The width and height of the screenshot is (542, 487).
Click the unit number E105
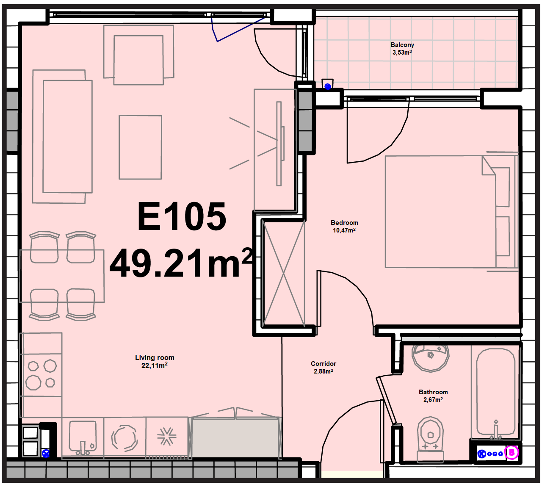point(182,216)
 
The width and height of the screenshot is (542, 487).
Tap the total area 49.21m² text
point(181,263)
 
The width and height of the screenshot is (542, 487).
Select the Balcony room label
point(402,45)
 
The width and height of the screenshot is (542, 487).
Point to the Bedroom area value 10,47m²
point(344,230)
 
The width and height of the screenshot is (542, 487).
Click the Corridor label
point(324,364)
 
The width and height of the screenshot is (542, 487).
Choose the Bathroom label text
point(433,392)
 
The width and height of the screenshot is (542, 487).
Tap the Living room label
point(155,357)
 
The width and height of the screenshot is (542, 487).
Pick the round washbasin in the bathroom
point(431,358)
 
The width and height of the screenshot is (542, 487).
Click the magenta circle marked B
point(512,452)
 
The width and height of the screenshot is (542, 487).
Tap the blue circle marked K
point(481,454)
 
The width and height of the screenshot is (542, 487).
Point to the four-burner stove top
point(41,375)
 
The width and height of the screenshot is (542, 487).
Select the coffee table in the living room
point(141,147)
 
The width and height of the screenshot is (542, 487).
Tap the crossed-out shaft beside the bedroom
point(284,273)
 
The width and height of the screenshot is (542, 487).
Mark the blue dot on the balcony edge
point(328,86)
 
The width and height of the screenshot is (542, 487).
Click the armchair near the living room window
point(138,55)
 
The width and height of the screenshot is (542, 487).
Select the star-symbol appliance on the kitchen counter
point(167,437)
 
